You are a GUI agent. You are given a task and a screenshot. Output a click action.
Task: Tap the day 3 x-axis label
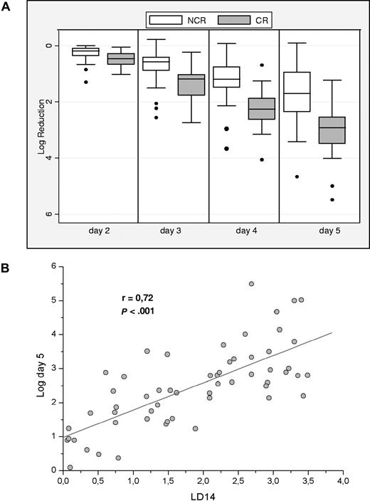pos(172,232)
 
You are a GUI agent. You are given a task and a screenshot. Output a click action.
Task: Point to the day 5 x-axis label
pos(314,232)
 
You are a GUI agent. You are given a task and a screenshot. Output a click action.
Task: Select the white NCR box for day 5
pos(297,91)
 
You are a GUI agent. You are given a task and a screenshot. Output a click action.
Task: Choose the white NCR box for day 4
pos(226,77)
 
